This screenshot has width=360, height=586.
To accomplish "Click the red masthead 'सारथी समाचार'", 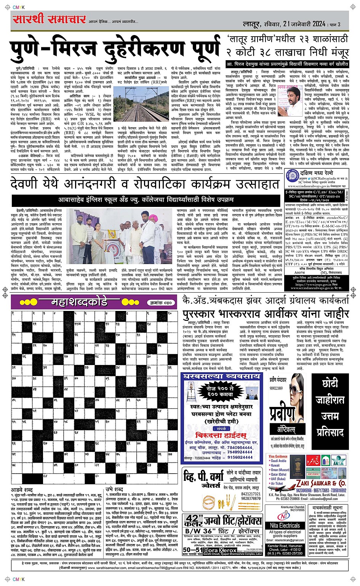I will click(x=49, y=19).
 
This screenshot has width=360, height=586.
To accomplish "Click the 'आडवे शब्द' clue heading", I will click(x=22, y=489).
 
